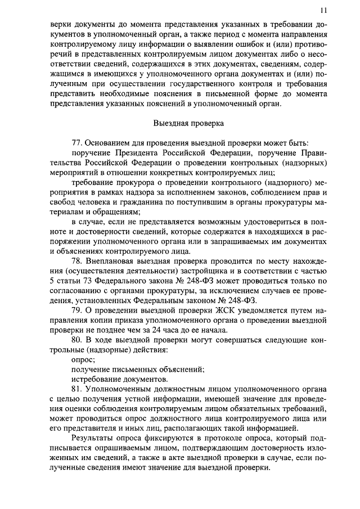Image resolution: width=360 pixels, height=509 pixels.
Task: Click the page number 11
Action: point(323,10)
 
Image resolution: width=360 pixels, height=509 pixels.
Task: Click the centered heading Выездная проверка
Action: point(188,123)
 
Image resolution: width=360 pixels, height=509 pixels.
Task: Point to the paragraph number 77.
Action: point(78,143)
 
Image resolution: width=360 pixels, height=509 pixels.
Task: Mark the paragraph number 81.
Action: point(78,389)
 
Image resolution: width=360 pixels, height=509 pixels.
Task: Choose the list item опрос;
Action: point(83,359)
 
